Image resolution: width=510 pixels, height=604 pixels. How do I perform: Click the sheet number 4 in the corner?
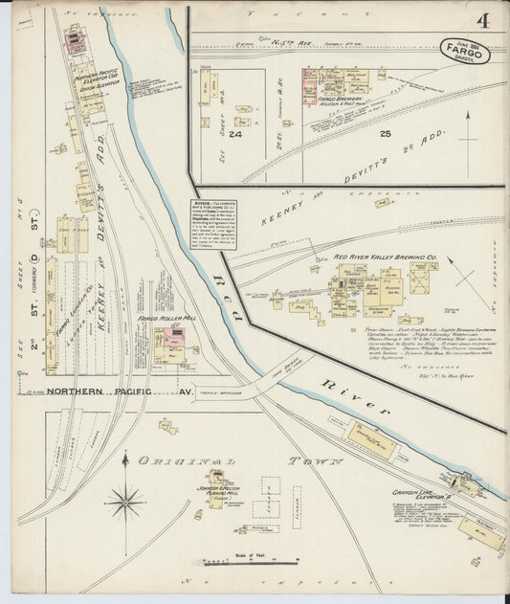486,20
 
